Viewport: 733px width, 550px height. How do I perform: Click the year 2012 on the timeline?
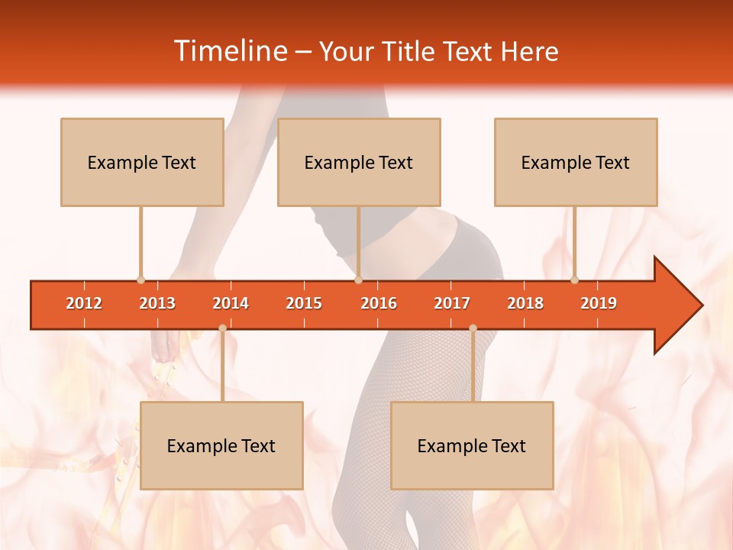click(x=84, y=303)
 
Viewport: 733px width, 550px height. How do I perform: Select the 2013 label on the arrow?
click(x=157, y=303)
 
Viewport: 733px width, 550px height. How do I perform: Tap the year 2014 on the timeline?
click(x=231, y=303)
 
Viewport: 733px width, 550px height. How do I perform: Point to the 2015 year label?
click(x=304, y=303)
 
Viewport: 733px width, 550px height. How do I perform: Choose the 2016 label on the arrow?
click(x=379, y=303)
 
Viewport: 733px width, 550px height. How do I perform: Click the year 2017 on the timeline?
click(x=452, y=303)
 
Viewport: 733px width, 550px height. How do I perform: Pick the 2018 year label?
click(x=525, y=303)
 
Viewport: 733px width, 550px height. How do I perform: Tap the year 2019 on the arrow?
click(x=599, y=303)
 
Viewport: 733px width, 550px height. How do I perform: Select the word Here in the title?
click(x=529, y=51)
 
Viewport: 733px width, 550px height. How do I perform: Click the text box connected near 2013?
click(x=142, y=162)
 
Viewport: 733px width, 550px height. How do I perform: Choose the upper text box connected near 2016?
click(x=359, y=162)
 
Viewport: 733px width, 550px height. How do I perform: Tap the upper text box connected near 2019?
click(x=576, y=162)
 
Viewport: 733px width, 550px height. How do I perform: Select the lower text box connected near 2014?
click(x=221, y=445)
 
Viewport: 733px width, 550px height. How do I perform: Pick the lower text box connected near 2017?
click(x=472, y=445)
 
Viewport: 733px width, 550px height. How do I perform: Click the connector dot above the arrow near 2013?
click(x=140, y=280)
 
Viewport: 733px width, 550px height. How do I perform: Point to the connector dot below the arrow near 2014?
click(x=222, y=328)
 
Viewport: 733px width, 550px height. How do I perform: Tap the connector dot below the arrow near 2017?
click(x=473, y=328)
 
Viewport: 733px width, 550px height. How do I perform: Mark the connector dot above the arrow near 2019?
click(x=574, y=280)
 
